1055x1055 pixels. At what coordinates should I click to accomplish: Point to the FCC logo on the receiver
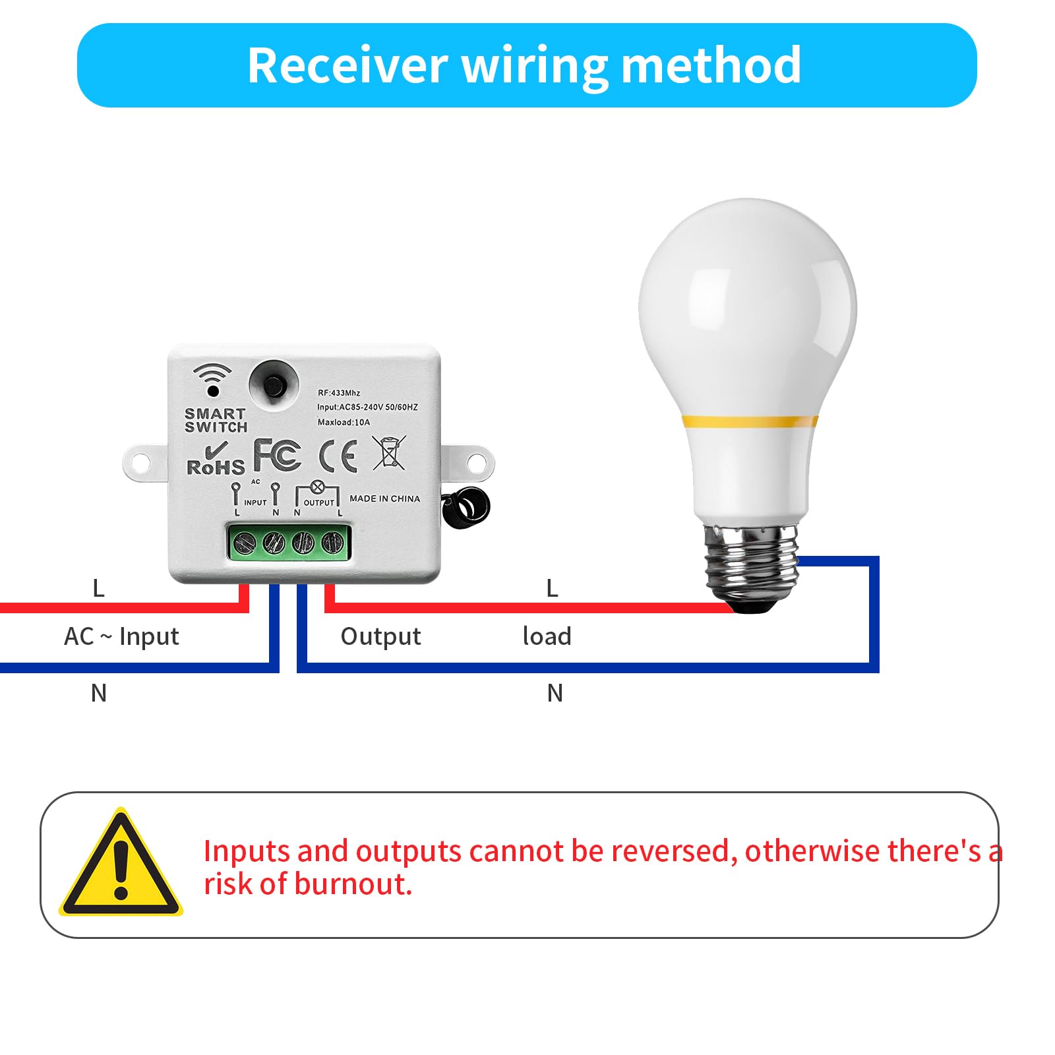(x=278, y=454)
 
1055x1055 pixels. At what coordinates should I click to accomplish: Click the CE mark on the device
(x=338, y=456)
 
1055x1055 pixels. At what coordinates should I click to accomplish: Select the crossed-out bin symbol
(x=389, y=452)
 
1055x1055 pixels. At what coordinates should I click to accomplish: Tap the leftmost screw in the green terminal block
(x=245, y=543)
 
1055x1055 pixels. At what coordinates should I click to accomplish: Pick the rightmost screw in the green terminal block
(x=332, y=543)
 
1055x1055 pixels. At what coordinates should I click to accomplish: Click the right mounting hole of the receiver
(x=476, y=463)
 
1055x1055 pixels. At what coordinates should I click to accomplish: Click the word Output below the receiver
(x=380, y=637)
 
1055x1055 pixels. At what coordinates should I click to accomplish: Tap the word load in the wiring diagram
(x=547, y=636)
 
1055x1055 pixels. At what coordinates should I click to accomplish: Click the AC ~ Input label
(x=121, y=637)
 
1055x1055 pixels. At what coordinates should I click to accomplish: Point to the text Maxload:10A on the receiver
(x=344, y=422)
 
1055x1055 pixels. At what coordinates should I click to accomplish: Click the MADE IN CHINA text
(x=384, y=498)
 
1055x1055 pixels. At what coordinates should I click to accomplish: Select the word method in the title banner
(x=711, y=66)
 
